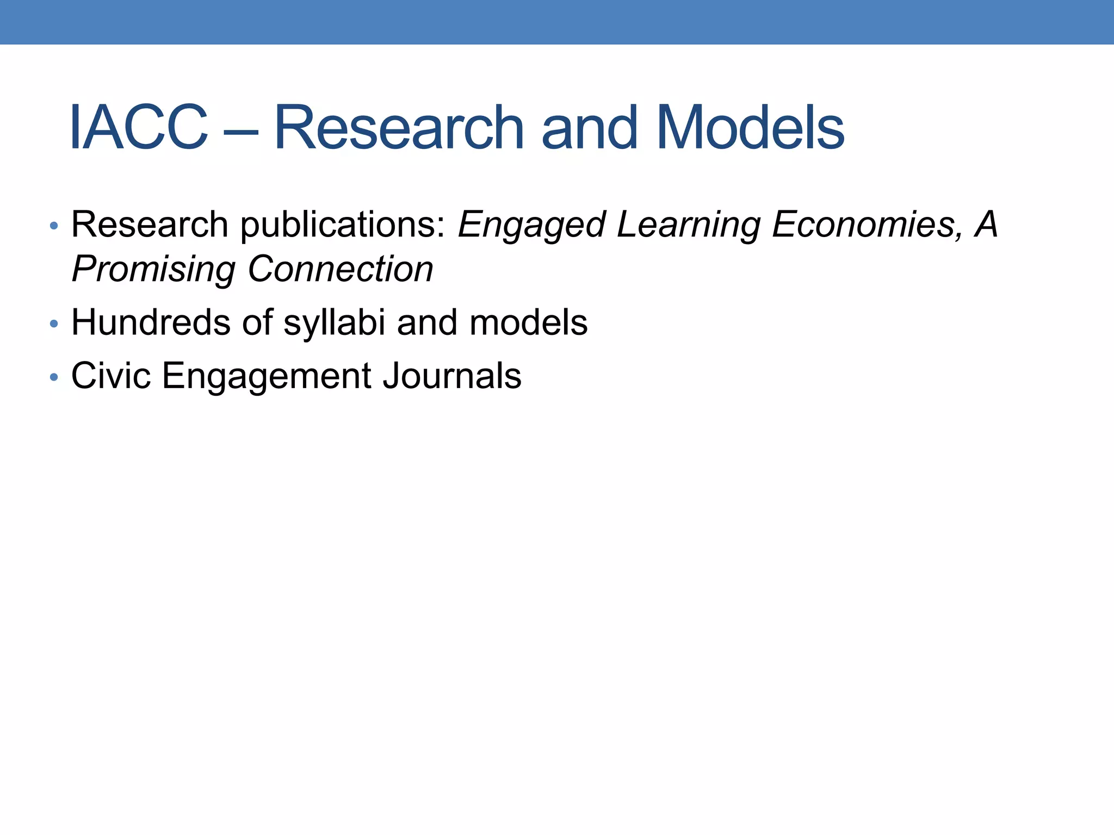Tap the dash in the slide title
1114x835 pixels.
pos(240,130)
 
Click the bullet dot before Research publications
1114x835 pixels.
pos(53,225)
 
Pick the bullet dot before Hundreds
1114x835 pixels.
pos(53,324)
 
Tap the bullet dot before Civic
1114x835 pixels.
pos(53,377)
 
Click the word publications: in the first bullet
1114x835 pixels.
pos(343,225)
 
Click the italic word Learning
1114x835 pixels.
pos(688,225)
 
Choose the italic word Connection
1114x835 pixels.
pos(341,269)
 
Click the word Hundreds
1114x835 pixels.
pos(151,322)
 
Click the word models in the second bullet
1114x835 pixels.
pos(528,322)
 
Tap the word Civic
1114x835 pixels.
pos(111,376)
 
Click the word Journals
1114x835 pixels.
pos(451,376)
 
